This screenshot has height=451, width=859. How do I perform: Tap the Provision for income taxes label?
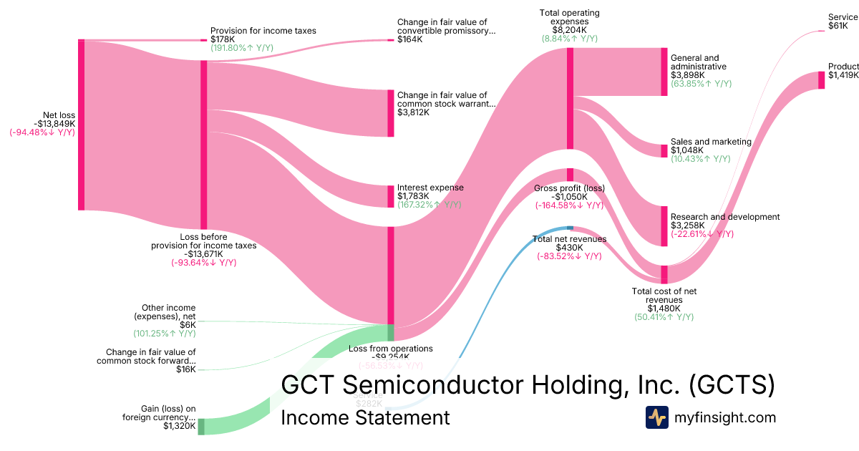click(263, 31)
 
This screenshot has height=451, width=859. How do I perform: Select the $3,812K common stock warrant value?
click(414, 112)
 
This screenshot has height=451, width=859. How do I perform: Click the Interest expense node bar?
click(391, 195)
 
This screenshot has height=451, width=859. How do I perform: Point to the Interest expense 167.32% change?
click(429, 205)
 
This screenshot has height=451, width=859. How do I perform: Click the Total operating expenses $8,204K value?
click(569, 30)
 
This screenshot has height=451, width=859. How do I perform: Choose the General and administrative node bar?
click(664, 72)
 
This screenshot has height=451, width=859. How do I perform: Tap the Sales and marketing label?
click(711, 142)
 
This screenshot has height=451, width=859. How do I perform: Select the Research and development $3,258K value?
click(687, 225)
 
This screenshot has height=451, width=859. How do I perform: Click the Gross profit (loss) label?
click(569, 188)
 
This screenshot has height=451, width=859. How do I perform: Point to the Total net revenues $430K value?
click(569, 248)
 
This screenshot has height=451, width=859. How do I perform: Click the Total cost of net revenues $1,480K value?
click(664, 309)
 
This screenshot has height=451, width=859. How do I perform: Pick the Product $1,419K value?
click(843, 75)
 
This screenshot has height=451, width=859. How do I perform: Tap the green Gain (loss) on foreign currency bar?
click(201, 426)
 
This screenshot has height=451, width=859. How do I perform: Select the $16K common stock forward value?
click(185, 369)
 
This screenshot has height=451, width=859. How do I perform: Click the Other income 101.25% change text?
click(164, 334)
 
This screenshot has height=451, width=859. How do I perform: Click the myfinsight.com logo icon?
click(656, 417)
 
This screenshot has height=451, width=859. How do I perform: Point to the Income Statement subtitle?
click(365, 417)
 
